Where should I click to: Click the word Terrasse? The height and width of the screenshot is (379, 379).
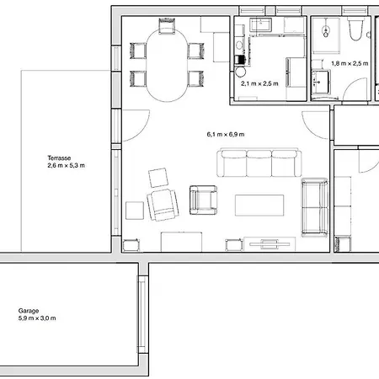click(59, 158)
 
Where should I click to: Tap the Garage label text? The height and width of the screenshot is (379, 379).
click(29, 311)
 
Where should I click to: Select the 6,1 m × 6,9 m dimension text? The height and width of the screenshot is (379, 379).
click(226, 135)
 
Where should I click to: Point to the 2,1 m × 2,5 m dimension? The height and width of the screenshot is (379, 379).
click(259, 83)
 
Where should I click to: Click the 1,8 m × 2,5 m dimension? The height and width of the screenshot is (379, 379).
click(350, 63)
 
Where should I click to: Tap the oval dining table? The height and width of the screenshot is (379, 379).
click(167, 65)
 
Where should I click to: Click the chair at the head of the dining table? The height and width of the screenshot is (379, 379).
click(167, 26)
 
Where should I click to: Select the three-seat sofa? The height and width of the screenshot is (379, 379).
click(259, 163)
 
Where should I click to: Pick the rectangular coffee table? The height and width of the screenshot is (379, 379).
click(259, 206)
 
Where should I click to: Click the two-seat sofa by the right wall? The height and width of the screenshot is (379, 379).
click(314, 207)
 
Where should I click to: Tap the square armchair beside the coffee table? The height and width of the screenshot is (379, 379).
click(203, 200)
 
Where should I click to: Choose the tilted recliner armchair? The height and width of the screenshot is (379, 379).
click(163, 205)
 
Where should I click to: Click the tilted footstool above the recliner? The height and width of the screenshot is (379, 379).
click(158, 178)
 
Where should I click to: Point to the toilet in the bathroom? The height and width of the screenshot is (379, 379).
click(355, 29)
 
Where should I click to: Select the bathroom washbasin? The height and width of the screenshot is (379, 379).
click(321, 82)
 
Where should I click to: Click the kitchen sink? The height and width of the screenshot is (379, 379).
click(261, 24)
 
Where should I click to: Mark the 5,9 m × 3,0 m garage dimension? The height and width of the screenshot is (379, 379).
click(37, 318)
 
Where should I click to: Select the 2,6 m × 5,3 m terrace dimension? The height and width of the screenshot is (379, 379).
click(66, 166)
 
